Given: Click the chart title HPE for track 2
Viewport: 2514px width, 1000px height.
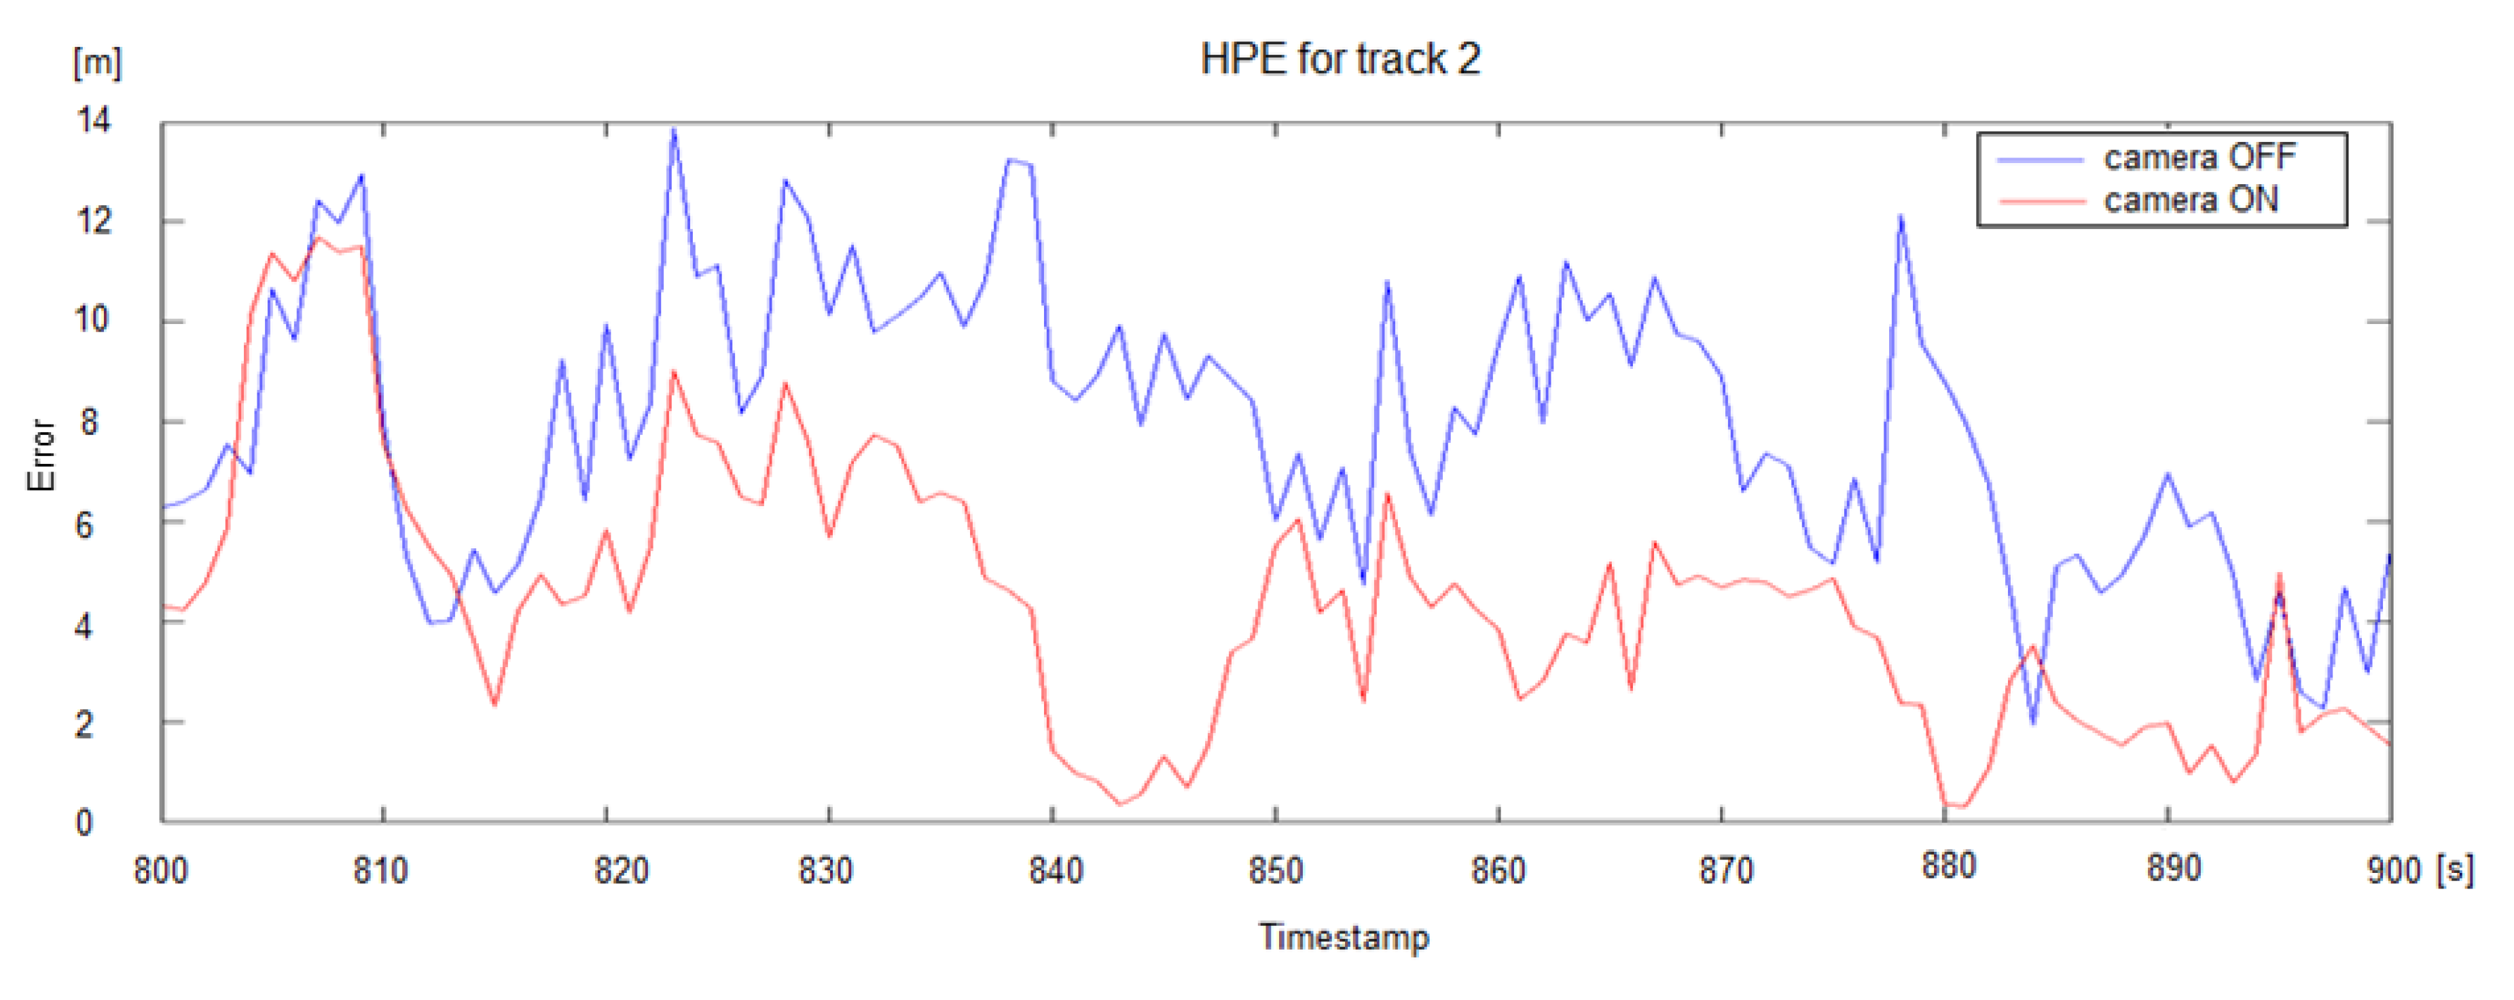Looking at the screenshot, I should click(1340, 60).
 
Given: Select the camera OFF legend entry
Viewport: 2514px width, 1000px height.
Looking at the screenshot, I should click(2199, 157).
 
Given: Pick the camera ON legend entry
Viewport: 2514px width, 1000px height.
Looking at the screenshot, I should click(2190, 200).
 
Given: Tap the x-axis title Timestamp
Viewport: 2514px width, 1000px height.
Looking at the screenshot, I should click(1344, 937).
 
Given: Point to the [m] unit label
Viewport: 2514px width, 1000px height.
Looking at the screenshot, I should click(98, 63).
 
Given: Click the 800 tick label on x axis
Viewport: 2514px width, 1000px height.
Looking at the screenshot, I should click(161, 870).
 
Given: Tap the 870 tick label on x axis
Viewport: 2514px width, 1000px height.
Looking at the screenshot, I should click(1725, 870).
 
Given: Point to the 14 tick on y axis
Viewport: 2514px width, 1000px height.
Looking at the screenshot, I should click(94, 121).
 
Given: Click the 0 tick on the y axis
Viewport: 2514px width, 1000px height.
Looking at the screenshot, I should click(84, 823).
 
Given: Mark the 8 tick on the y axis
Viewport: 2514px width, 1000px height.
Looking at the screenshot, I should click(89, 421).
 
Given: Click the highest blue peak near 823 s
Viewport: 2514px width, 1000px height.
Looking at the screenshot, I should click(673, 130).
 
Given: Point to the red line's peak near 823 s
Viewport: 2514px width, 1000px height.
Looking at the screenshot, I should click(673, 371).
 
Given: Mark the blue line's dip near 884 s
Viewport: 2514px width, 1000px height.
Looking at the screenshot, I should click(2034, 723).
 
